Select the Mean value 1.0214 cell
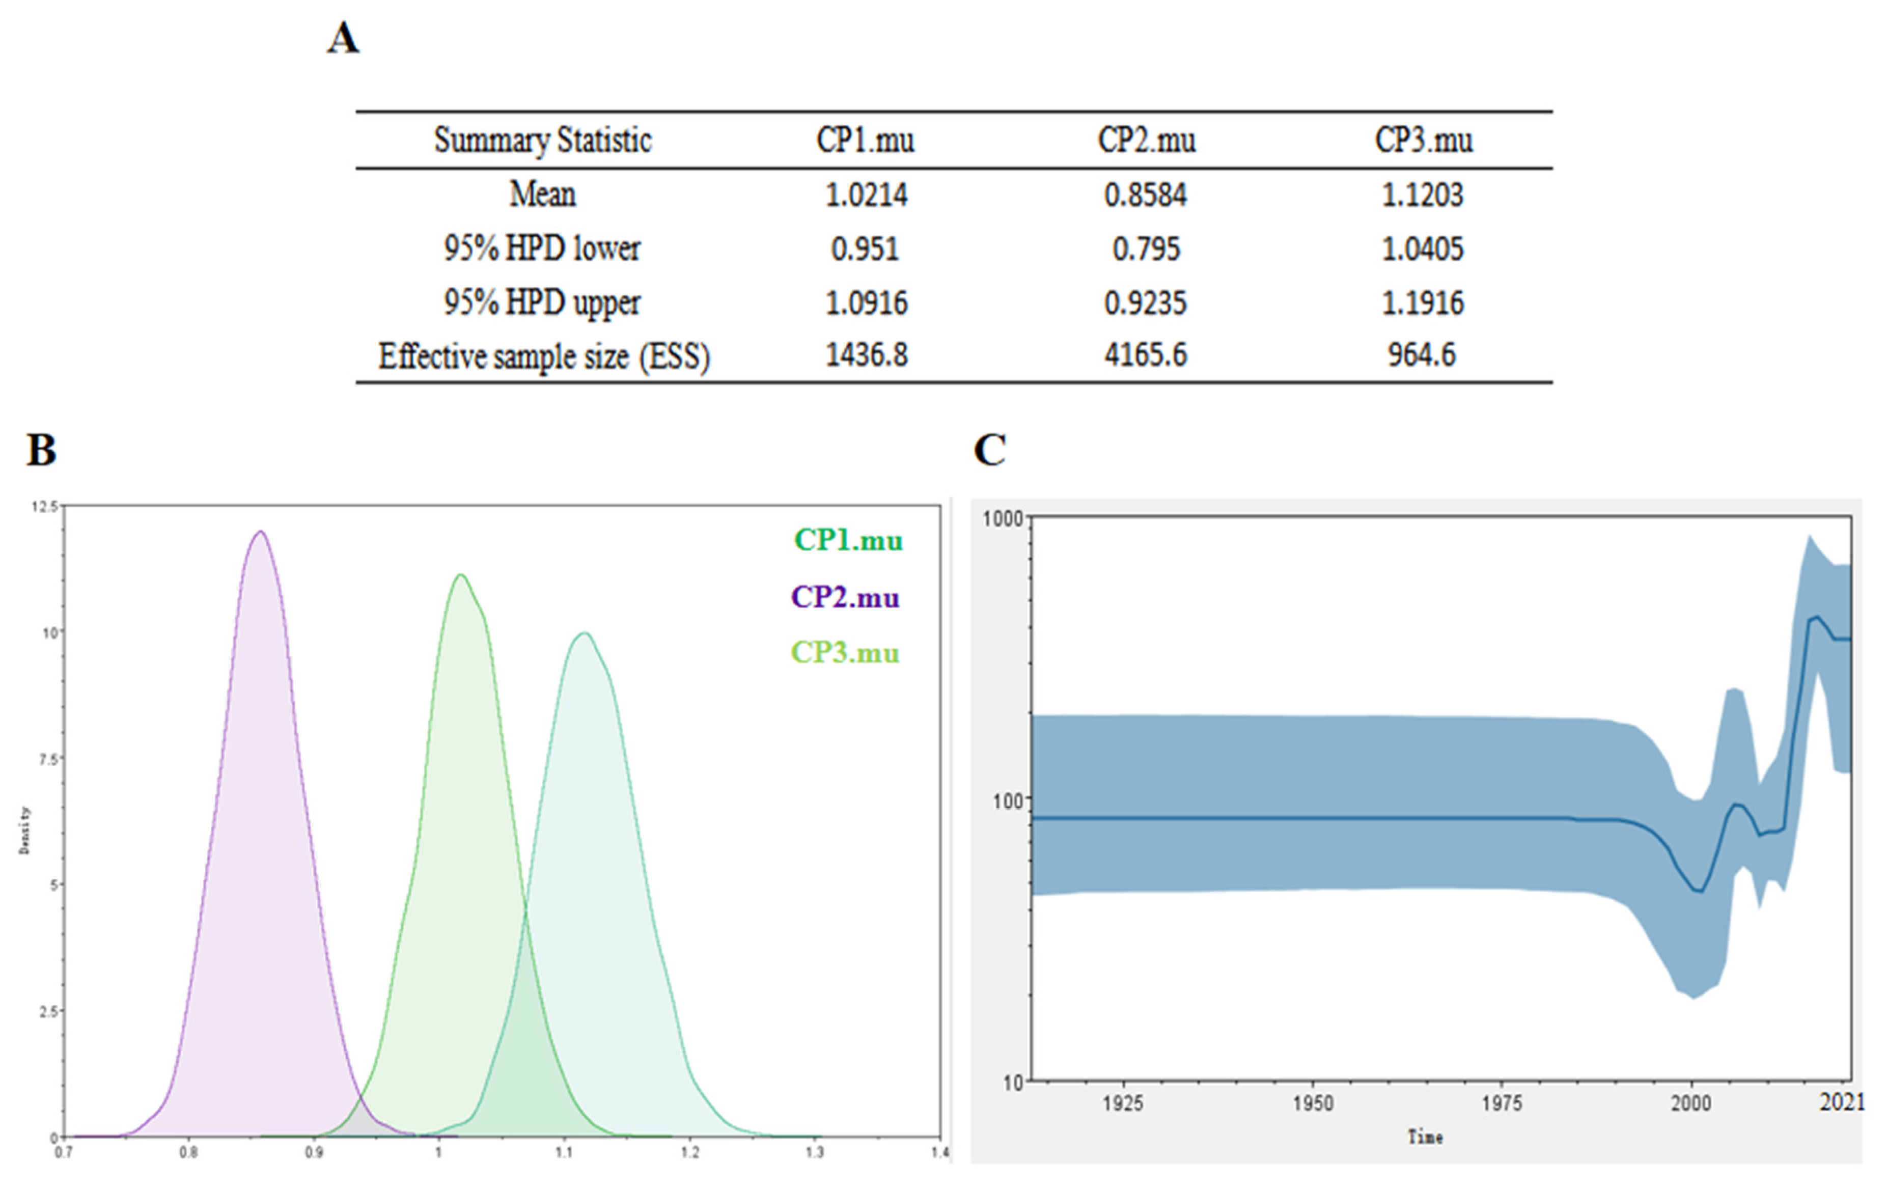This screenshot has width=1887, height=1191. pyautogui.click(x=866, y=195)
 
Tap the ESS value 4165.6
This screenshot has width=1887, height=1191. pyautogui.click(x=1146, y=355)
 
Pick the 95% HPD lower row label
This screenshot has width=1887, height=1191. pyautogui.click(x=542, y=248)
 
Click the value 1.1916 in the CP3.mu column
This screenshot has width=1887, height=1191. pyautogui.click(x=1422, y=302)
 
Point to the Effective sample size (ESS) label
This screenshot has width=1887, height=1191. pyautogui.click(x=544, y=356)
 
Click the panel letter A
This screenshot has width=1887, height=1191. pyautogui.click(x=343, y=38)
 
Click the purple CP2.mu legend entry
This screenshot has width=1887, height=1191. pyautogui.click(x=845, y=597)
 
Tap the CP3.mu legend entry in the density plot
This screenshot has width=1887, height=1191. pyautogui.click(x=845, y=653)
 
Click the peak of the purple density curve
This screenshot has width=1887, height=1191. pyautogui.click(x=260, y=532)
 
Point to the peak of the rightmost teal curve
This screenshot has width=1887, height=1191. pyautogui.click(x=584, y=633)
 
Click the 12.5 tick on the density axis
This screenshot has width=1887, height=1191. pyautogui.click(x=44, y=507)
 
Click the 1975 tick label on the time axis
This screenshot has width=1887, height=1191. pyautogui.click(x=1502, y=1103)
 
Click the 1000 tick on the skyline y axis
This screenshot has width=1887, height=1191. pyautogui.click(x=1003, y=519)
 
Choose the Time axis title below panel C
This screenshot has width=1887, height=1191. pyautogui.click(x=1425, y=1137)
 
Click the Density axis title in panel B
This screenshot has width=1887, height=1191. pyautogui.click(x=25, y=829)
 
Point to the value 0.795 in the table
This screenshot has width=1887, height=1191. pyautogui.click(x=1146, y=249)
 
